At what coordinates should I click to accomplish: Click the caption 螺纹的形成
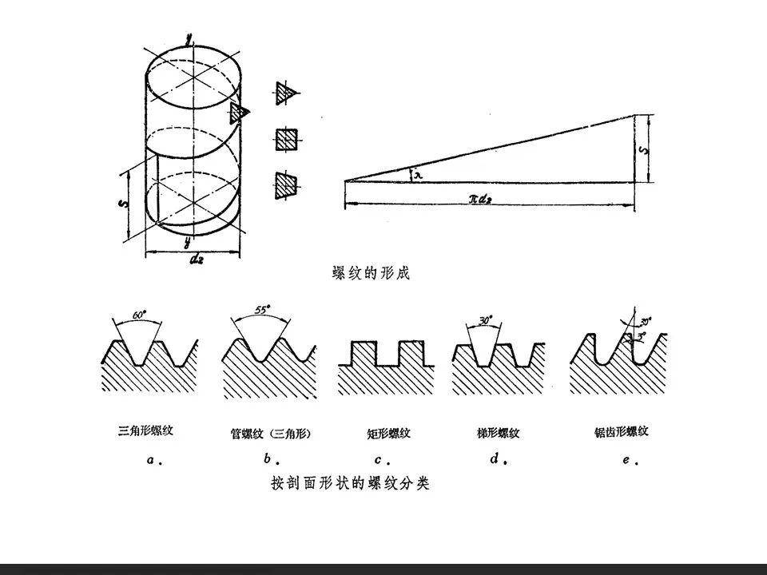pos(371,274)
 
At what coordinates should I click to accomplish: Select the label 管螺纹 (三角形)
pos(269,434)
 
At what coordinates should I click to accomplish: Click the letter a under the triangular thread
pos(152,460)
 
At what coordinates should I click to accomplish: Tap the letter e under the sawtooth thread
pos(627,460)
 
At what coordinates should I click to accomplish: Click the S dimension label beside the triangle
pos(649,148)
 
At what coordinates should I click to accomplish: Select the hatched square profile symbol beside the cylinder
pos(287,140)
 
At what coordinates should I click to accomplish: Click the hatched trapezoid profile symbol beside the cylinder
pos(285,184)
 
